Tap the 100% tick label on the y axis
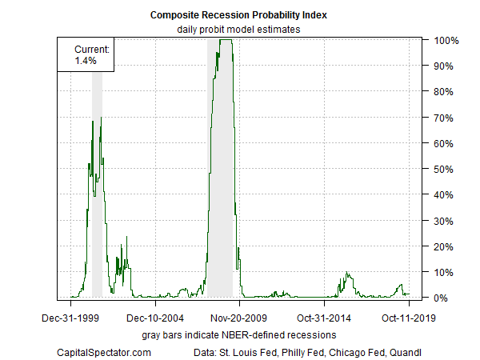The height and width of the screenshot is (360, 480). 445,40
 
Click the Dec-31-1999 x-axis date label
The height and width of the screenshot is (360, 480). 70,318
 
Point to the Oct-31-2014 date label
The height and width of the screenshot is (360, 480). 325,318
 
